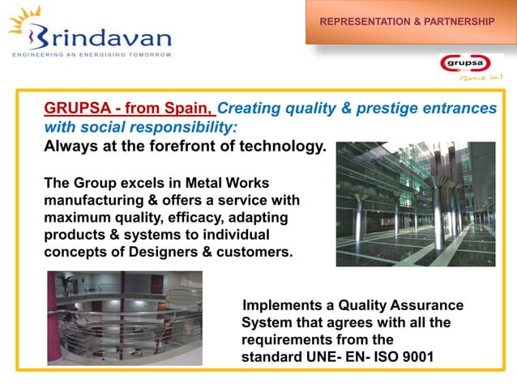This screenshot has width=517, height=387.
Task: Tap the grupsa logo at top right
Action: (471, 65)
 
